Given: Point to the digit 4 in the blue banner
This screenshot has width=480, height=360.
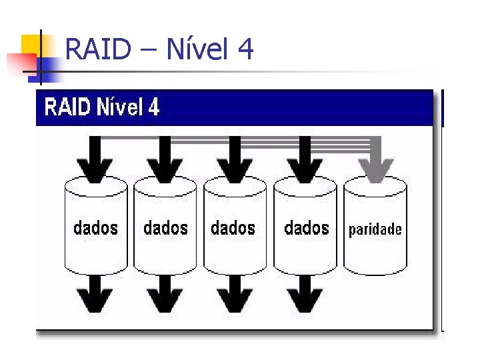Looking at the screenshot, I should click(153, 107).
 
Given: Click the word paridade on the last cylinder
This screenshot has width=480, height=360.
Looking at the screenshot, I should click(375, 230).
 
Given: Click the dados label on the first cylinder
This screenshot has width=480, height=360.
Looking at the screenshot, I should click(95, 228).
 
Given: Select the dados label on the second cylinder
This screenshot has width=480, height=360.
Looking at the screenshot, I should click(165, 228).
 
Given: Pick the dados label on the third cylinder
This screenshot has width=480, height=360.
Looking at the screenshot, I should click(233, 228).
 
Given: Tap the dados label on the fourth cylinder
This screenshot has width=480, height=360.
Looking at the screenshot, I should click(306, 228).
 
